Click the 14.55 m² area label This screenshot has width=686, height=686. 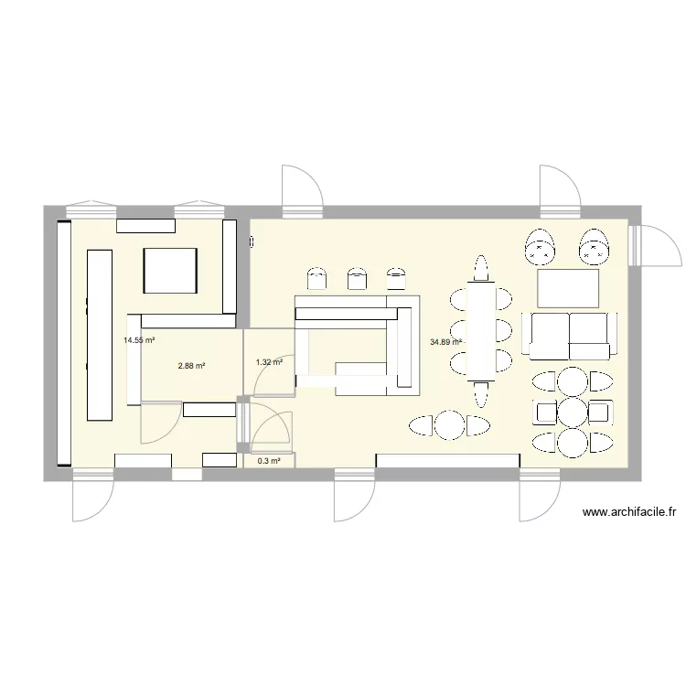(x=139, y=340)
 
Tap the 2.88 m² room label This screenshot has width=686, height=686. (x=191, y=366)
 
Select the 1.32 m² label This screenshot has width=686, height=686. (x=269, y=362)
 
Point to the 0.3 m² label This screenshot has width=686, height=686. (x=269, y=461)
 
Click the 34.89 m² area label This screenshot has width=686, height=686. (x=445, y=343)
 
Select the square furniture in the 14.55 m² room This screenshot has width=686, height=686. (x=169, y=271)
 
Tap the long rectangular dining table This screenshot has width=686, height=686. (x=480, y=330)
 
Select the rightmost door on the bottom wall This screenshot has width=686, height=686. (x=539, y=498)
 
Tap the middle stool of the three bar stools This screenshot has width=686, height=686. (x=356, y=277)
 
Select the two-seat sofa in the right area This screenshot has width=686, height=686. (x=566, y=335)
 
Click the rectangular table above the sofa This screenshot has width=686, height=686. (x=568, y=288)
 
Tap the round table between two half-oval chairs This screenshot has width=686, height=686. (x=449, y=425)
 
